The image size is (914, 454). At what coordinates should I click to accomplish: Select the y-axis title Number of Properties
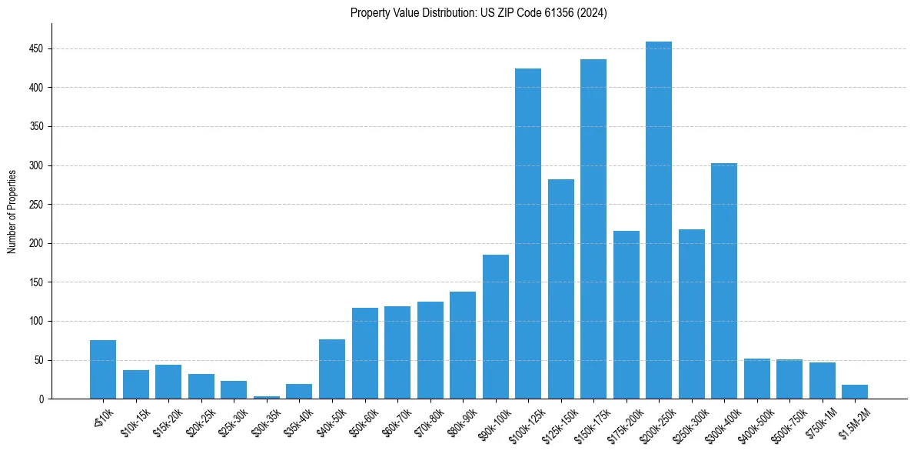coord(12,211)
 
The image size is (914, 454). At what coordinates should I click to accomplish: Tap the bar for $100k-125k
coord(528,234)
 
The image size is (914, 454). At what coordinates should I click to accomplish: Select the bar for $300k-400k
coord(724,281)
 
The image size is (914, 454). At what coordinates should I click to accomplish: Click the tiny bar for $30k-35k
coord(267,397)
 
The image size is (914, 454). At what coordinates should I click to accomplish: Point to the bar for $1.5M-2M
coord(855,392)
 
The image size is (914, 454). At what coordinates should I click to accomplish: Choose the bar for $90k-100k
coord(496,327)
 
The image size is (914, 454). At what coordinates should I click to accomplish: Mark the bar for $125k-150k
coord(561,289)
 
